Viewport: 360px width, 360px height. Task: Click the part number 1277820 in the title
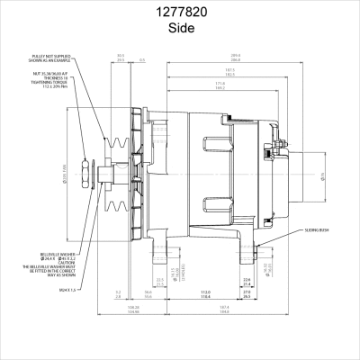click(180, 12)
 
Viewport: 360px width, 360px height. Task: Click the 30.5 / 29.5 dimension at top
click(121, 57)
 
